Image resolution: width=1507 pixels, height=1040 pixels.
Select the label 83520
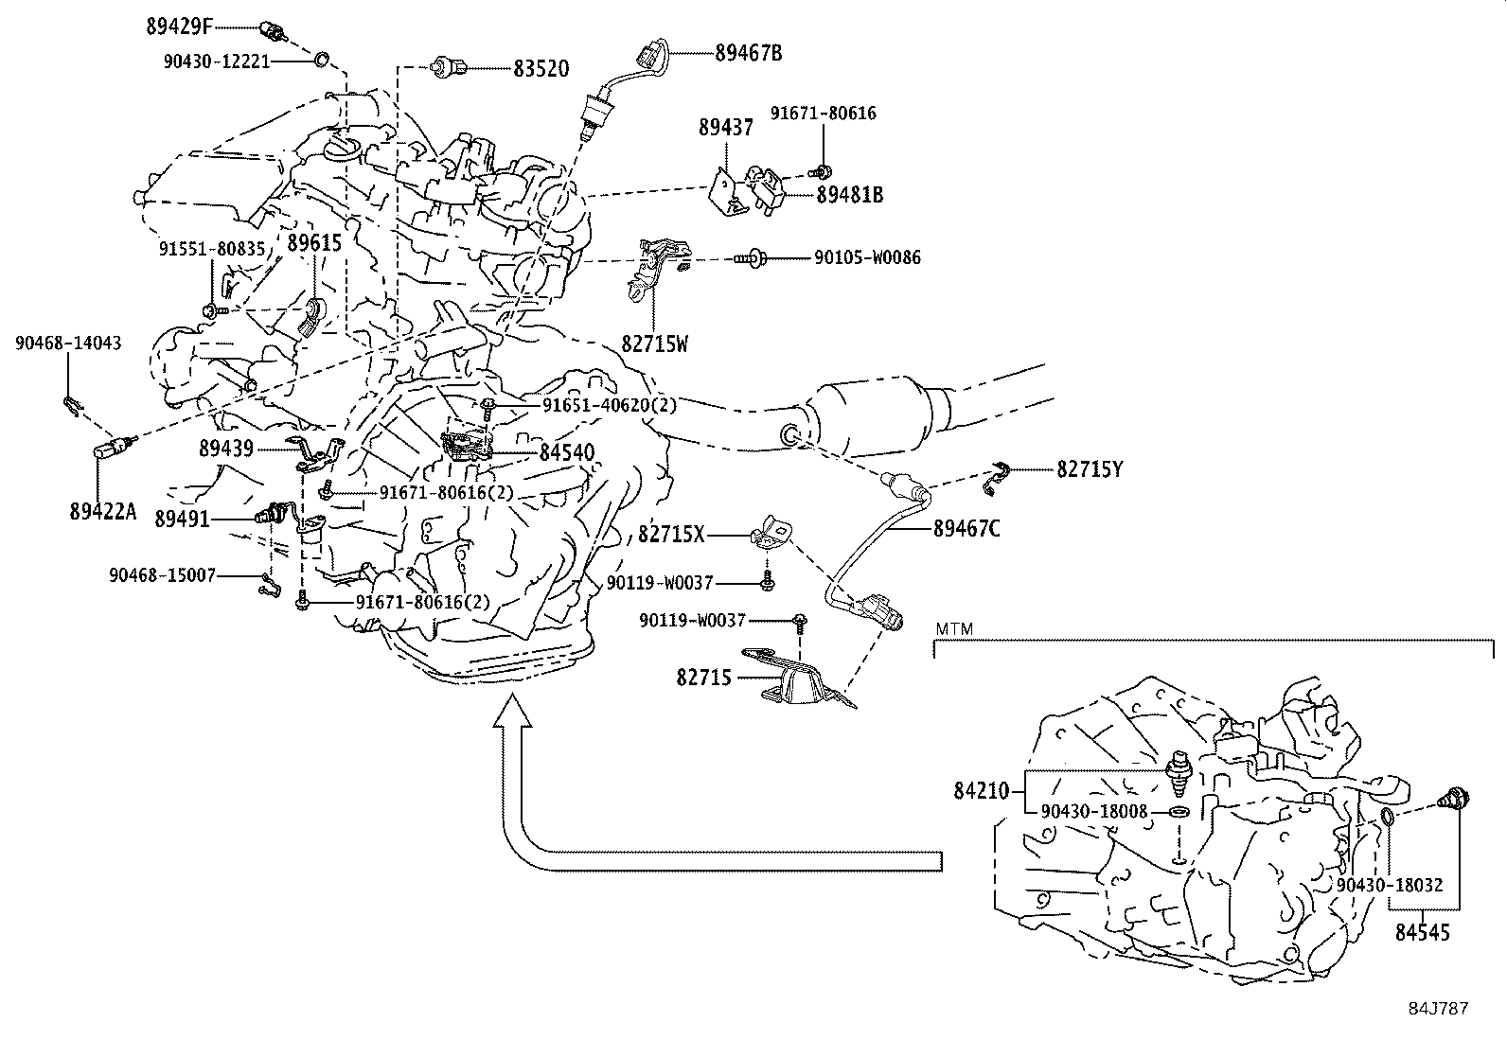pyautogui.click(x=541, y=69)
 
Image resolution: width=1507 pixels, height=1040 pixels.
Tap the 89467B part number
pyautogui.click(x=748, y=53)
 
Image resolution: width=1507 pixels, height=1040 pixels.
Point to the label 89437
pyautogui.click(x=727, y=128)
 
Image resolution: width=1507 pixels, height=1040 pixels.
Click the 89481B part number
pyautogui.click(x=849, y=195)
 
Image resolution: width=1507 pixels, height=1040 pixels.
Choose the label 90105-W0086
pyautogui.click(x=866, y=257)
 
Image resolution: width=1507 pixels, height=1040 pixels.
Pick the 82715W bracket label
pyautogui.click(x=655, y=344)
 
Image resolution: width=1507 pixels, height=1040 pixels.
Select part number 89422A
pyautogui.click(x=103, y=512)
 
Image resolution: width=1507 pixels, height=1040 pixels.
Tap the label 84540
pyautogui.click(x=567, y=453)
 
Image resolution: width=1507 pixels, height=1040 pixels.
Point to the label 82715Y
pyautogui.click(x=1090, y=468)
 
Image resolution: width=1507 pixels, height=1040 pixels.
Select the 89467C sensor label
pyautogui.click(x=966, y=529)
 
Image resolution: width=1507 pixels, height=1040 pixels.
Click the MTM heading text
pyautogui.click(x=954, y=628)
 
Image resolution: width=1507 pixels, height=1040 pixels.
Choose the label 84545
pyautogui.click(x=1422, y=932)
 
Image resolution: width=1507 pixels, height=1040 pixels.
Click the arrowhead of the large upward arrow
pyautogui.click(x=512, y=710)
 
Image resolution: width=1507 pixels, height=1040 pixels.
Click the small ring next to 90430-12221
pyautogui.click(x=321, y=61)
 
